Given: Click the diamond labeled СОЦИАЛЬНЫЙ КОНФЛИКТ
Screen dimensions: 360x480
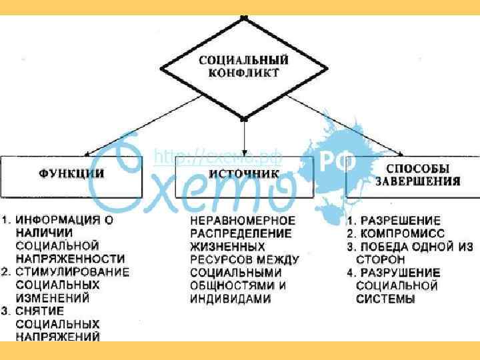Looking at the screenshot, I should tap(244, 66).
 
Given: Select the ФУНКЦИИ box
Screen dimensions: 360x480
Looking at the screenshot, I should tap(71, 175).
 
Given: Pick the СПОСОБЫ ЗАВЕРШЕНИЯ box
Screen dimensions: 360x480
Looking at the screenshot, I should tap(416, 175).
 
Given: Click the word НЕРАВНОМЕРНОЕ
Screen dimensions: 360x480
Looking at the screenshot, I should tap(242, 221).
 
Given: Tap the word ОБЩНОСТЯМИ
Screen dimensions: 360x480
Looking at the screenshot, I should tap(232, 285).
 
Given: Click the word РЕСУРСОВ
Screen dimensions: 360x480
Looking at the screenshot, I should tap(221, 259).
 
